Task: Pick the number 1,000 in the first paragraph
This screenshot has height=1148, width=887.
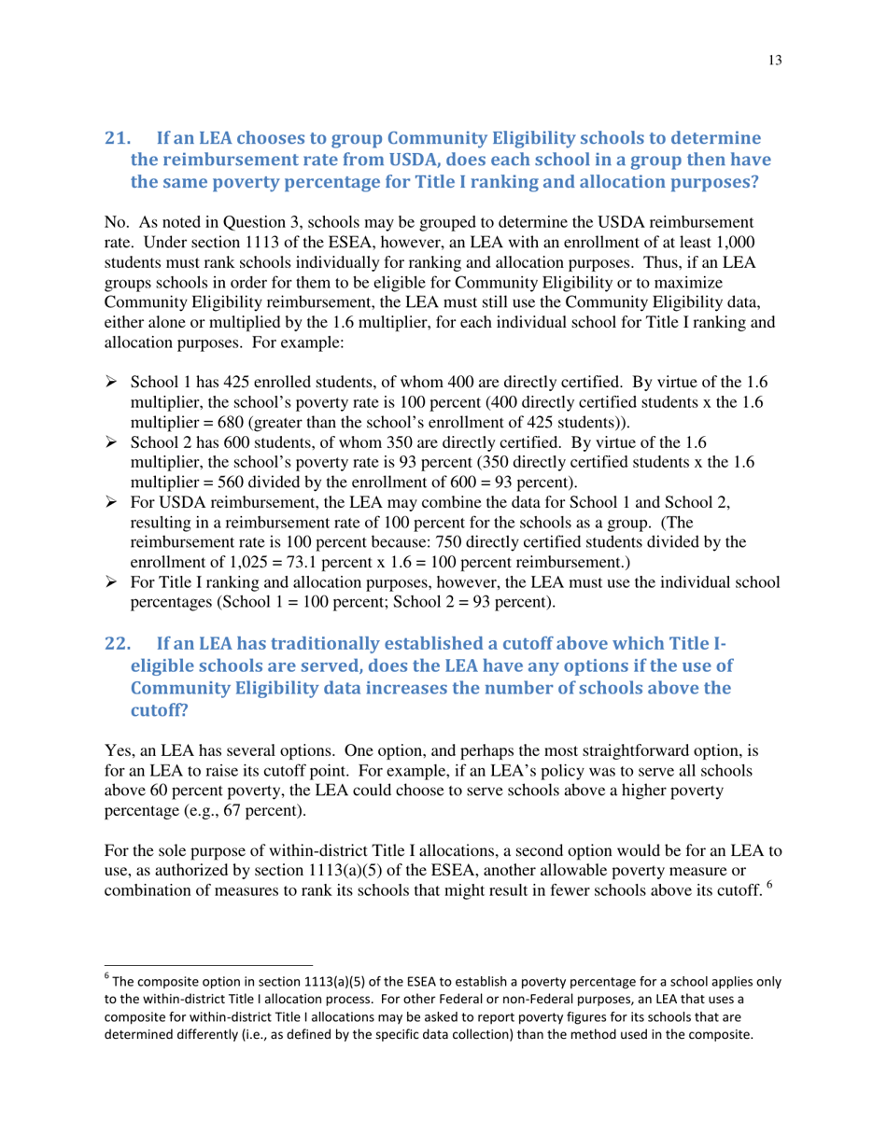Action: [x=731, y=244]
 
